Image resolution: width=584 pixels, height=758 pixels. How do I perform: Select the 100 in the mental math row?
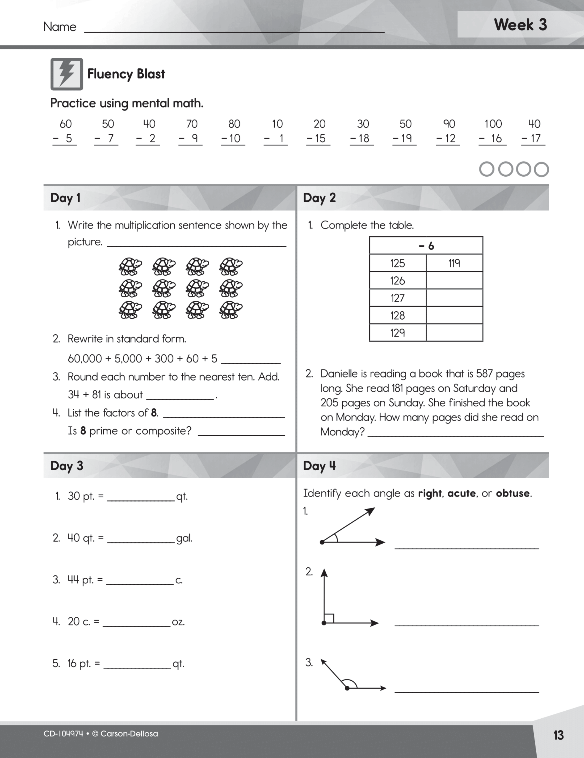[493, 124]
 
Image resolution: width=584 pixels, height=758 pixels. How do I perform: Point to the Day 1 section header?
[65, 198]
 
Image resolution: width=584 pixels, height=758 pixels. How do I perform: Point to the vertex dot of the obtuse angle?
[347, 688]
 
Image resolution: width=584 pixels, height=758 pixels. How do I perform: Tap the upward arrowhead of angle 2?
[324, 573]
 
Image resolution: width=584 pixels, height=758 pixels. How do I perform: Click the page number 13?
[558, 735]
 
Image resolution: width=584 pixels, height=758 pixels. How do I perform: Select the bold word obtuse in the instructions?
[513, 493]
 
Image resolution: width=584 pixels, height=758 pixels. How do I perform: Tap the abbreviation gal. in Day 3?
[184, 538]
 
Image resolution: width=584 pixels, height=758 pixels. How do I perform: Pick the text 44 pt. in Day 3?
[80, 580]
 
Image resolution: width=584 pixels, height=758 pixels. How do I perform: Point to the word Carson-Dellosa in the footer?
[129, 734]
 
